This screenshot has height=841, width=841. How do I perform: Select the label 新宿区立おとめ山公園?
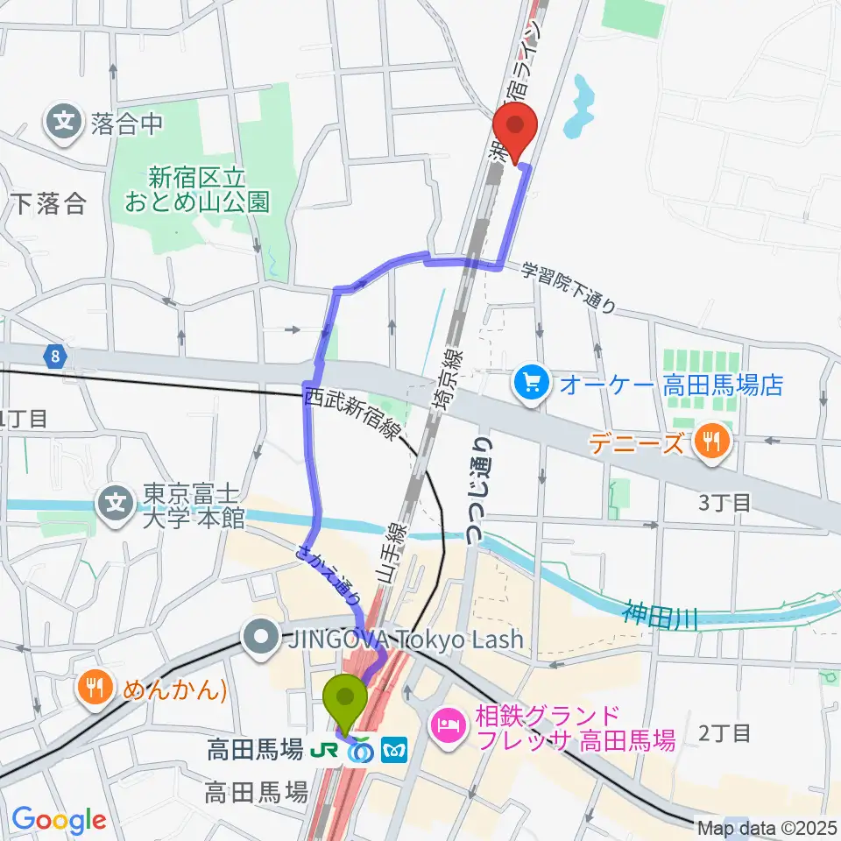pyautogui.click(x=196, y=190)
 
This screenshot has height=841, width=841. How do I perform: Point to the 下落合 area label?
pyautogui.click(x=50, y=204)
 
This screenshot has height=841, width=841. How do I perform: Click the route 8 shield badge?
pyautogui.click(x=56, y=356)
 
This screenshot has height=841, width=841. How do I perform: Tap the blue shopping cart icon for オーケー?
pyautogui.click(x=531, y=384)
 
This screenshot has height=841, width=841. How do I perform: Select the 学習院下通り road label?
pyautogui.click(x=569, y=288)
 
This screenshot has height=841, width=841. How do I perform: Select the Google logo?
pyautogui.click(x=59, y=820)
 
